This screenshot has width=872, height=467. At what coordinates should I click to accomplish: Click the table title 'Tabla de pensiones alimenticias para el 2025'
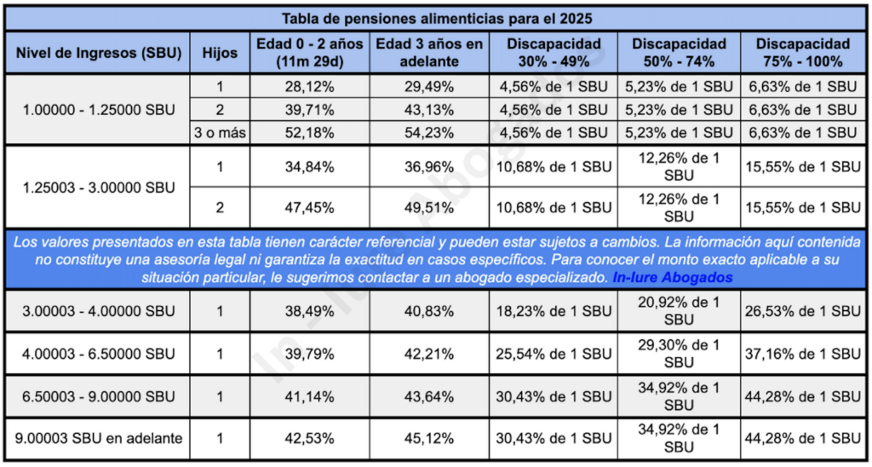(x=436, y=17)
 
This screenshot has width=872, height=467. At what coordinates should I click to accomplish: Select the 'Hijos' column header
(x=220, y=52)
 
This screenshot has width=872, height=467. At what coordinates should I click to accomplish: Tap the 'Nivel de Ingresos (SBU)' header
(x=99, y=52)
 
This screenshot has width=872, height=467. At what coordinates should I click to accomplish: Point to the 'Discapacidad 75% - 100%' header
(x=802, y=52)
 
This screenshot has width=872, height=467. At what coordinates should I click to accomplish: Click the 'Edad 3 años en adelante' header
(x=430, y=52)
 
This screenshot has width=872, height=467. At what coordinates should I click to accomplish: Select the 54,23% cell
(x=430, y=132)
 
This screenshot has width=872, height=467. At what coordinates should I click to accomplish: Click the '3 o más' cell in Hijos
(x=220, y=132)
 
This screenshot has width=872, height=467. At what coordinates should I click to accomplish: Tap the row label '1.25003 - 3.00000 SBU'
(x=99, y=187)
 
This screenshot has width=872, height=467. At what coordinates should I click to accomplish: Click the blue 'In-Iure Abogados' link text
(x=672, y=278)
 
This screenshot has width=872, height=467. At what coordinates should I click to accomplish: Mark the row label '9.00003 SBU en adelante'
(x=99, y=439)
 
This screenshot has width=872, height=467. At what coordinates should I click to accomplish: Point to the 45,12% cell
(x=430, y=439)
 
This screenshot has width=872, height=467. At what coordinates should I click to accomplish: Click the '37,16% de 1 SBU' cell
(x=802, y=354)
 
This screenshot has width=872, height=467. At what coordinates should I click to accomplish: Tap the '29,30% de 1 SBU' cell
(x=678, y=354)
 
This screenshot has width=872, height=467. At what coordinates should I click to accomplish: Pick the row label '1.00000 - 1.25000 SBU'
(x=99, y=109)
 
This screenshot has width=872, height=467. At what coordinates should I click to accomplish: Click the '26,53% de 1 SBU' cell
(x=802, y=312)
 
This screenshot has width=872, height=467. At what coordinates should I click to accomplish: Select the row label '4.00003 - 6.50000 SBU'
(x=99, y=354)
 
